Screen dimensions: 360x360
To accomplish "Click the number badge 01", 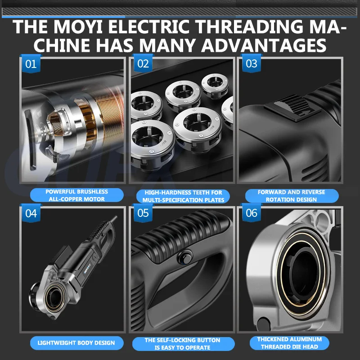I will [x=31, y=63].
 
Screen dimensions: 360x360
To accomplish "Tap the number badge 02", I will [x=143, y=63].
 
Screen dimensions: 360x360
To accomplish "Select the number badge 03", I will [x=252, y=63].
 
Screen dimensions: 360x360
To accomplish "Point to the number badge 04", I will [x=31, y=213].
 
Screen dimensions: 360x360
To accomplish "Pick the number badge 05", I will [x=143, y=213].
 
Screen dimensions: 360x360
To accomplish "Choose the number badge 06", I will [x=252, y=213].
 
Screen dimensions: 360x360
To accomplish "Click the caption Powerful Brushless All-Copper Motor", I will [x=76, y=195].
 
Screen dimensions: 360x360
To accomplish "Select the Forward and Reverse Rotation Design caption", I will [x=292, y=196].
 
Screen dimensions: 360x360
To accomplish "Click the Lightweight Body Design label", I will [x=76, y=343].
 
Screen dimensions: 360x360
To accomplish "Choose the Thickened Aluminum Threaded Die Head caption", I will [x=289, y=343].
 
